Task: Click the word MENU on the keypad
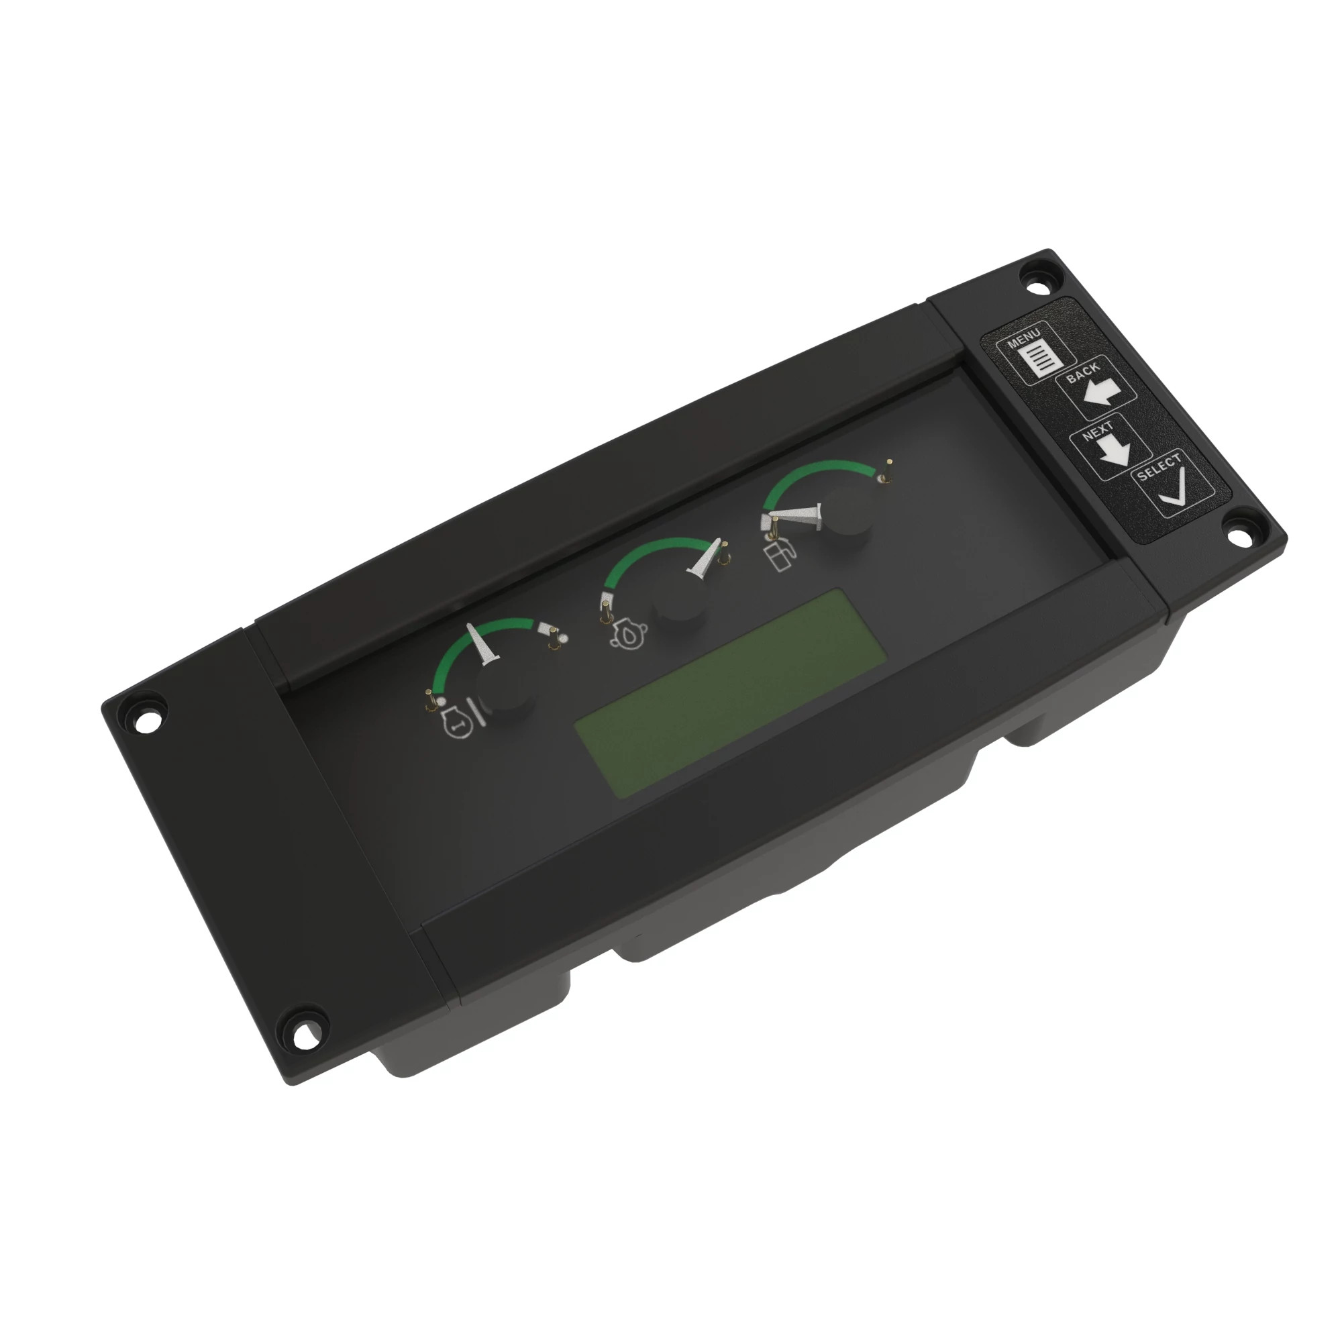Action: click(x=1025, y=338)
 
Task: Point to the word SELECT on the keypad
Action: click(x=1159, y=467)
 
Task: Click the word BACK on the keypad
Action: click(x=1083, y=372)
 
